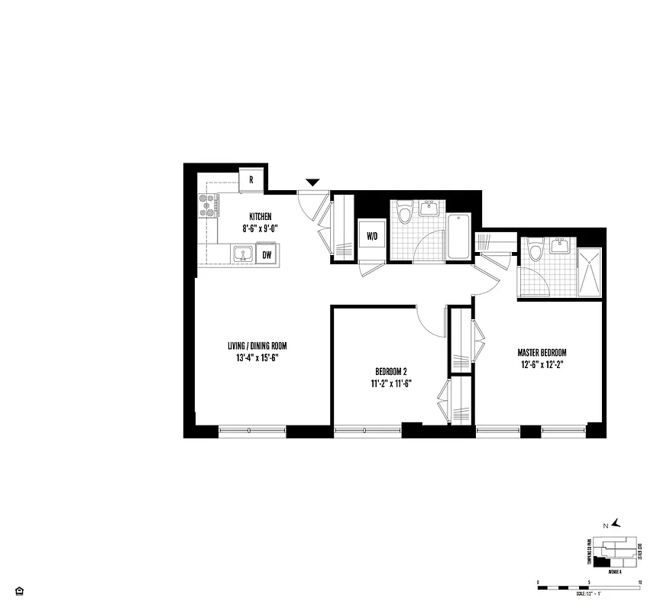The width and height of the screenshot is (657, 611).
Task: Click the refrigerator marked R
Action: [x=251, y=181]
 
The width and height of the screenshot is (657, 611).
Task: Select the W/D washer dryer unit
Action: [x=372, y=236]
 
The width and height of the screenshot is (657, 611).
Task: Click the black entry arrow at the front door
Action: [x=312, y=182]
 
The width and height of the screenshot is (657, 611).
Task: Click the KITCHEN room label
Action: [x=261, y=217]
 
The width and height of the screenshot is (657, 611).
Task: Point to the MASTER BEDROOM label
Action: [x=542, y=352]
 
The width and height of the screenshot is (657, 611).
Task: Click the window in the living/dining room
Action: [x=252, y=431]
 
